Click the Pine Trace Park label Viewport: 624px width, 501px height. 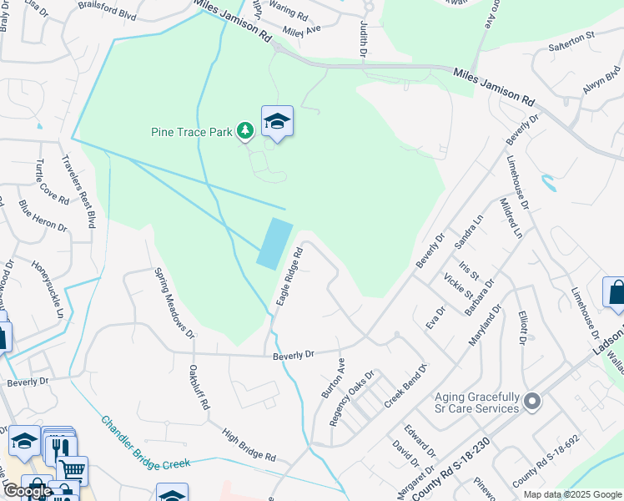click(192, 131)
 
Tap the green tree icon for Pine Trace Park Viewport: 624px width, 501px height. click(244, 130)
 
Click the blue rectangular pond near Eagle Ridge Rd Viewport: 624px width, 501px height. click(275, 243)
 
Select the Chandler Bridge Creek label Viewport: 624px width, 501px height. click(146, 442)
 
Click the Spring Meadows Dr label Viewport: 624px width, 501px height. click(174, 303)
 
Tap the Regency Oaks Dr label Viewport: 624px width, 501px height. click(353, 398)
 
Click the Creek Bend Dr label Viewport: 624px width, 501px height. click(405, 386)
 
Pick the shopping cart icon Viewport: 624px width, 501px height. click(73, 469)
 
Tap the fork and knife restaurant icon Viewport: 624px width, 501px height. click(57, 448)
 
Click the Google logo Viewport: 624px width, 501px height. click(28, 491)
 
